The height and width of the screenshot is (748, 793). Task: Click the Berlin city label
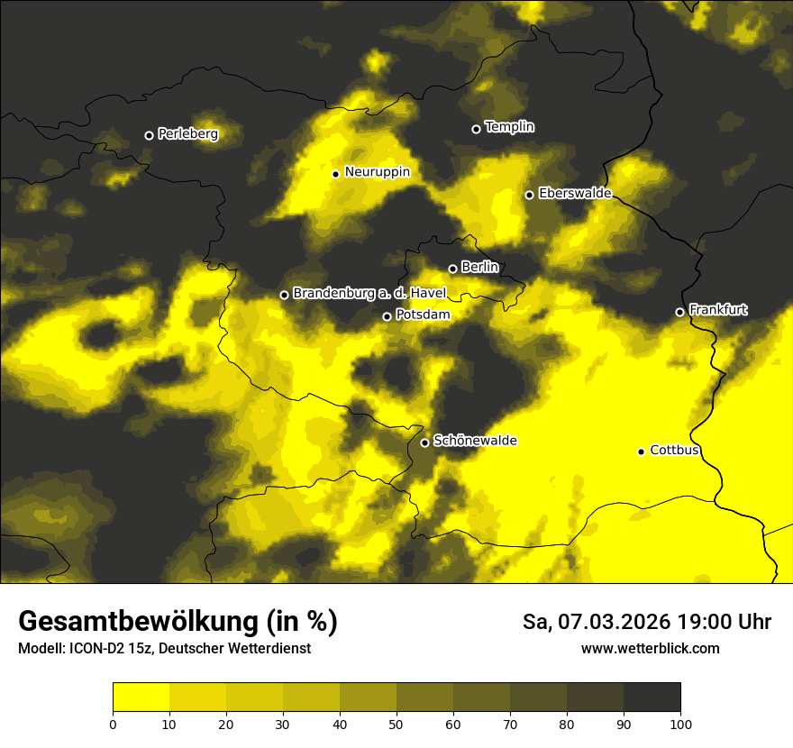[x=479, y=268]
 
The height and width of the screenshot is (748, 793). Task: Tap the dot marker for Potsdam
[x=387, y=316]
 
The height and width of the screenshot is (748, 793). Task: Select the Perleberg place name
[x=187, y=134]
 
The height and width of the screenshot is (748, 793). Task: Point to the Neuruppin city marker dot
[x=335, y=174]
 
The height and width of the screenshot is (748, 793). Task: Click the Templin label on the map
[x=509, y=127]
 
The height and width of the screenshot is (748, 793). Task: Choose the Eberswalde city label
[x=575, y=194]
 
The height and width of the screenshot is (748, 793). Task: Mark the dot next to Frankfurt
[x=679, y=312]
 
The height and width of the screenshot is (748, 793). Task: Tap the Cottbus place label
[x=674, y=450]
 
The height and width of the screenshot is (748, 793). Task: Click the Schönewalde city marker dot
[x=424, y=442]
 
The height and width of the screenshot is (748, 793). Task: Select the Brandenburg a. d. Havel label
[x=369, y=294]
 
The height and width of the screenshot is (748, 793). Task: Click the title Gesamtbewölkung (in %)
[x=178, y=622]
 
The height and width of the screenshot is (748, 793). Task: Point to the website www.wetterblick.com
[x=650, y=648]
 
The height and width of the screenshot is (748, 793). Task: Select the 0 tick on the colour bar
[x=113, y=723]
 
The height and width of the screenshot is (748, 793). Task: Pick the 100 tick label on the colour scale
[x=680, y=723]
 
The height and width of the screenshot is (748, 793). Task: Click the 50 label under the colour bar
[x=396, y=723]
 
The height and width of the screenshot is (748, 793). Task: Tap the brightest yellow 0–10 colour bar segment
[x=141, y=698]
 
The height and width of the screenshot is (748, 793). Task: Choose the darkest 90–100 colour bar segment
[x=652, y=698]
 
